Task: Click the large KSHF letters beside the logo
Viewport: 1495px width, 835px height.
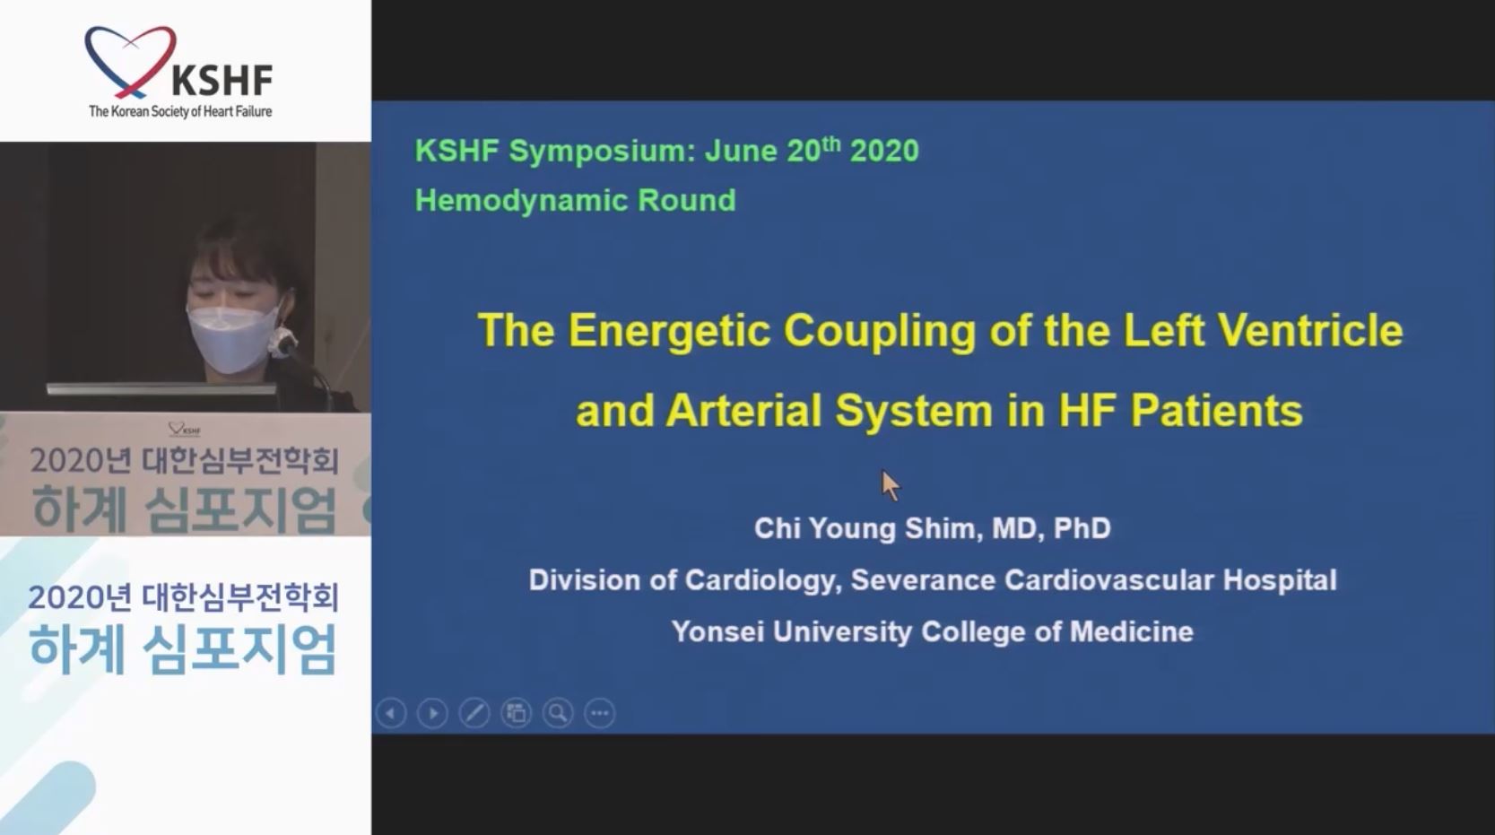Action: pos(222,81)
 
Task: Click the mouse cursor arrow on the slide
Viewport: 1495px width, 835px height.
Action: pos(891,485)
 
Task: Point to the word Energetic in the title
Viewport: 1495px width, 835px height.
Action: pos(669,330)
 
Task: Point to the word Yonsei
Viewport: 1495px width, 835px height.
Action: pos(717,631)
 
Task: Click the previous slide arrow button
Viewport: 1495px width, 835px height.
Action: pos(391,714)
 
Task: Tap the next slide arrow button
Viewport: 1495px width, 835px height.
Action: pos(432,714)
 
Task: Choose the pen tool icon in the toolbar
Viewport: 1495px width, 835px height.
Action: pos(474,714)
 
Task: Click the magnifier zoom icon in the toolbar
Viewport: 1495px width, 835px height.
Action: pos(558,714)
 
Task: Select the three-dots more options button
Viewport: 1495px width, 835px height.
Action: pos(600,714)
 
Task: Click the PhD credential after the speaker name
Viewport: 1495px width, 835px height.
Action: pos(1082,528)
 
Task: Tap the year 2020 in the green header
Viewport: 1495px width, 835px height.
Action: pos(884,151)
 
